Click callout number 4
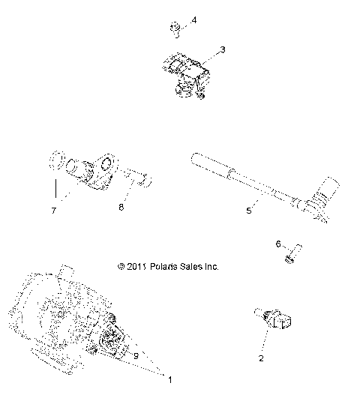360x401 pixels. pos(194,20)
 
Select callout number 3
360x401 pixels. pos(222,49)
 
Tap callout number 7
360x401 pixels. pos(52,211)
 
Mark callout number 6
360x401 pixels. pos(279,244)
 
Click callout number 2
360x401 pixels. pos(261,358)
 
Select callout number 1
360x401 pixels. pos(169,380)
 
